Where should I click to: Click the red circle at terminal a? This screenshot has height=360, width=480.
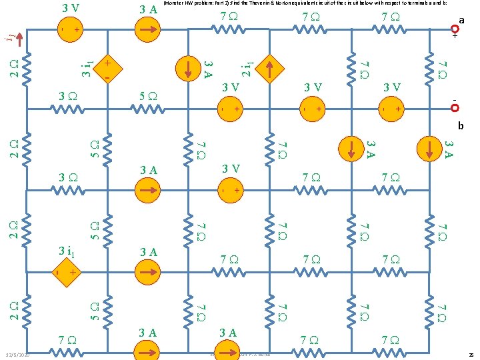[x=455, y=28]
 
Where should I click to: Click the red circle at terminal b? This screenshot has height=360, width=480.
[x=455, y=107]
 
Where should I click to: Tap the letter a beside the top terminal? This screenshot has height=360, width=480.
[x=461, y=20]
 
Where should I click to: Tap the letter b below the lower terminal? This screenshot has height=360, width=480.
[x=460, y=125]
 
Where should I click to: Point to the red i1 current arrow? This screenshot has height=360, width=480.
[x=19, y=39]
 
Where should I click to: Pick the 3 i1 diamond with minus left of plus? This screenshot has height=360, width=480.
[x=65, y=273]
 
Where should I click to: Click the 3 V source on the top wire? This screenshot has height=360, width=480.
[x=68, y=30]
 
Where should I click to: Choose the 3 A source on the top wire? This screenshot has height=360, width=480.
[x=148, y=29]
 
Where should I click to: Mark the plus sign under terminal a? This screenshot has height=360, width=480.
[x=455, y=37]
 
